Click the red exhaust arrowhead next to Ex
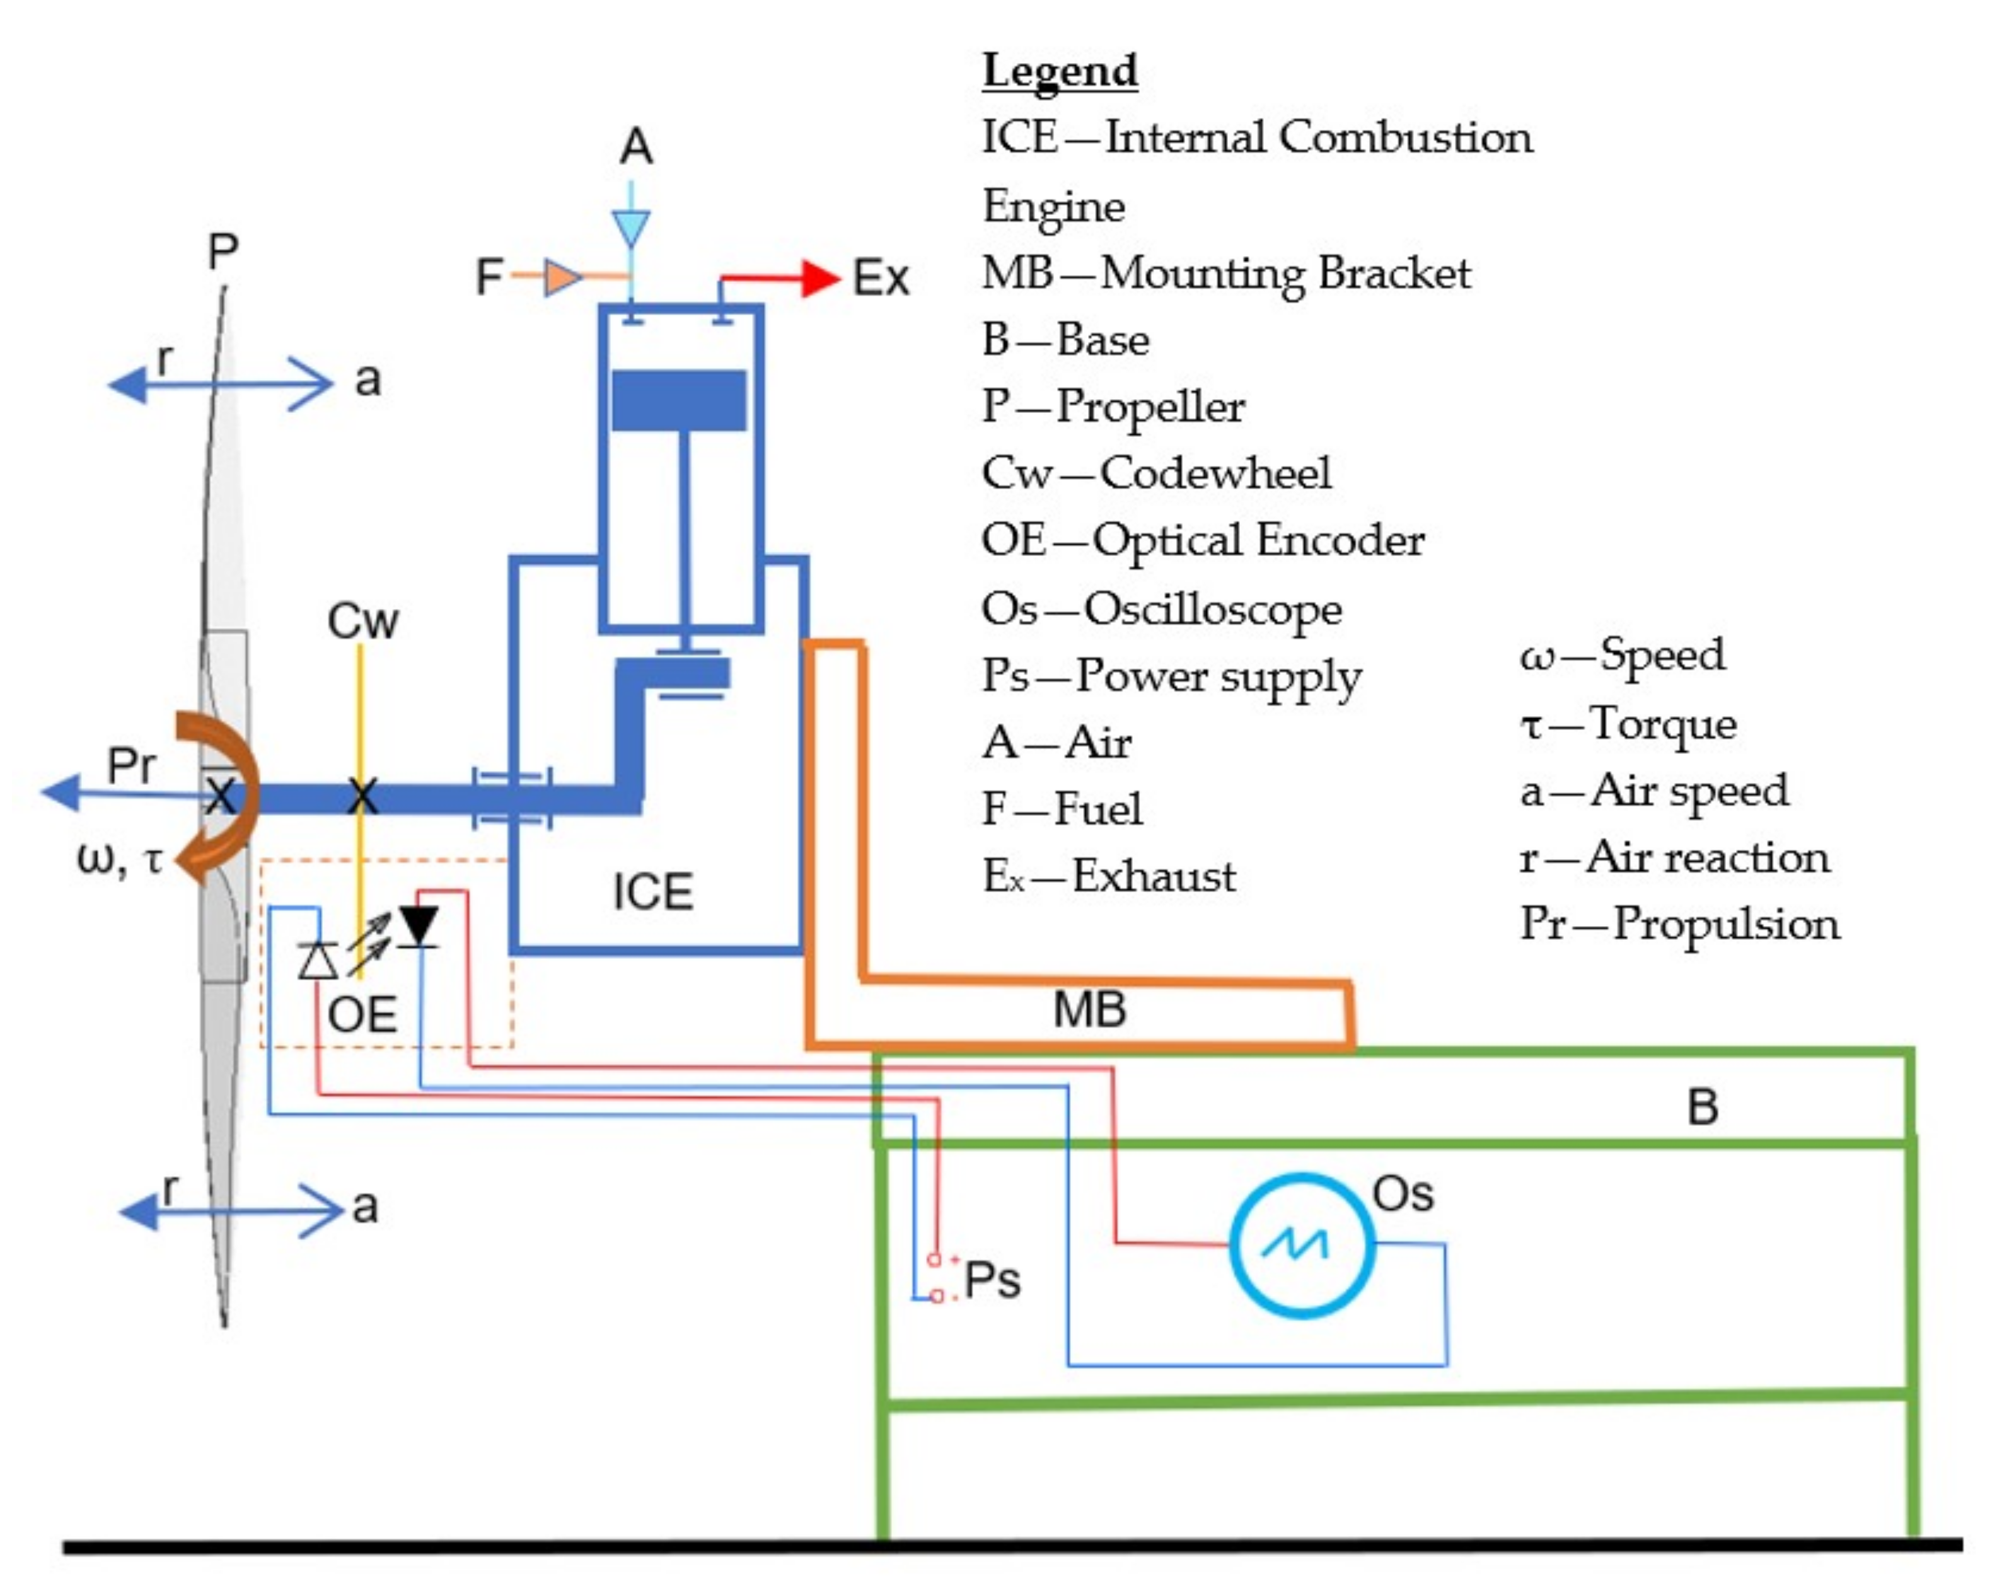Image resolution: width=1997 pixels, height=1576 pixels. click(x=819, y=278)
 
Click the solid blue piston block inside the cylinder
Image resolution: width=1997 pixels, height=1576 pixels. click(x=679, y=400)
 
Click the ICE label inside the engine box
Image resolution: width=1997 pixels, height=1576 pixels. click(x=652, y=892)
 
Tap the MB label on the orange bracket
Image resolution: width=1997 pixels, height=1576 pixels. click(x=1089, y=1009)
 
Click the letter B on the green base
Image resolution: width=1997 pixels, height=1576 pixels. click(x=1703, y=1107)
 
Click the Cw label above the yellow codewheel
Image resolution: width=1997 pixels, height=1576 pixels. click(x=362, y=621)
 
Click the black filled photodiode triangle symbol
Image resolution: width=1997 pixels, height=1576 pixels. click(x=419, y=925)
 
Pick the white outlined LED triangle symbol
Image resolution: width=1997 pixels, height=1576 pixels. click(x=318, y=961)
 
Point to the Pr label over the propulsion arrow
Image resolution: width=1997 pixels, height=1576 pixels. click(x=131, y=765)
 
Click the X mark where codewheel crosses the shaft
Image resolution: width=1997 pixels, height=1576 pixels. click(x=362, y=796)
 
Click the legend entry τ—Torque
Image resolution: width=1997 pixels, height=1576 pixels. click(x=1628, y=724)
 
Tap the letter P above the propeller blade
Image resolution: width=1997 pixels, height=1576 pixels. click(x=223, y=251)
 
